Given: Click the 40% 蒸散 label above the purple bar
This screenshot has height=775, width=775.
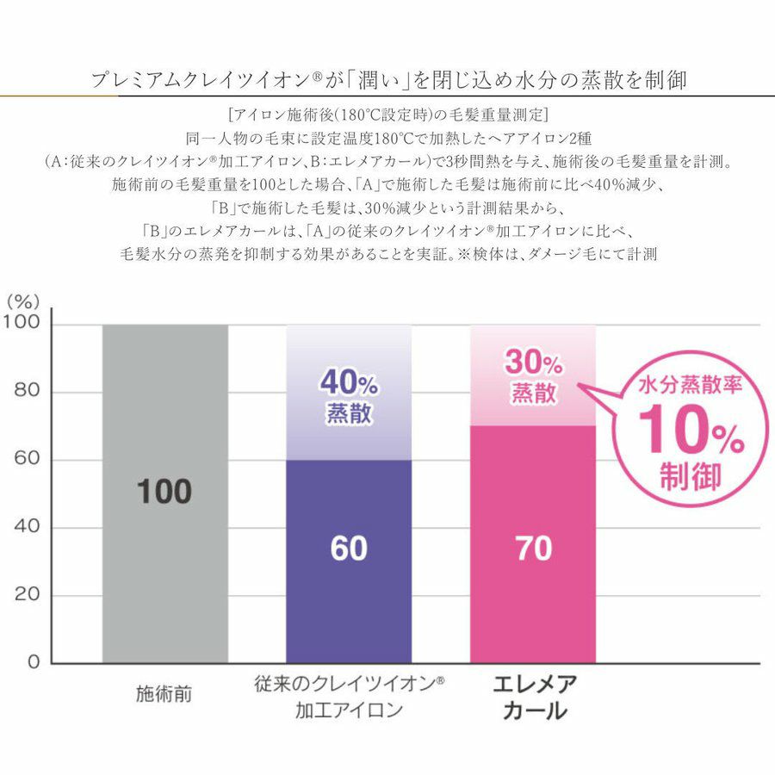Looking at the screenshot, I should point(349,395).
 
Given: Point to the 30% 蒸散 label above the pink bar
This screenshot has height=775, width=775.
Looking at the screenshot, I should point(534,377).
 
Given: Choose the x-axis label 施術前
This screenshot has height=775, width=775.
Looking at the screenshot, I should point(164,693).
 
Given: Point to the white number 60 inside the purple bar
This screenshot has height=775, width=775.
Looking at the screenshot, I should point(348,549).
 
